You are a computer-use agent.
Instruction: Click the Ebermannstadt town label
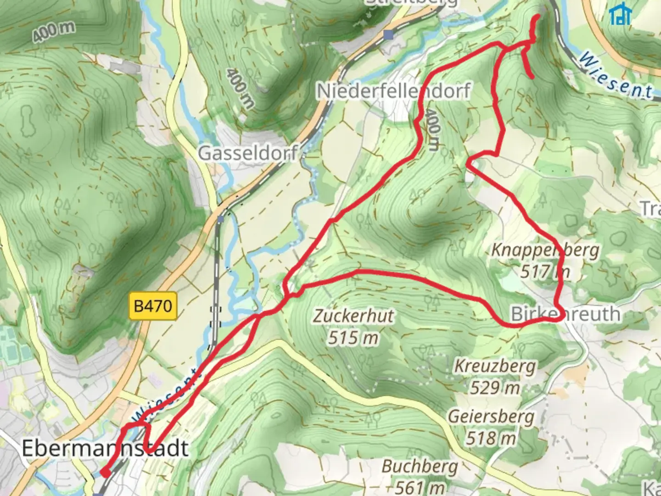[105, 448]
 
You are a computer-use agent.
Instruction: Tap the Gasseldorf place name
[248, 153]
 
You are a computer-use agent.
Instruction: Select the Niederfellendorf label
[393, 91]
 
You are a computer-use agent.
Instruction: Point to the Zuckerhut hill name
[353, 316]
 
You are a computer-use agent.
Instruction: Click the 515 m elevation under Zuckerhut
[353, 338]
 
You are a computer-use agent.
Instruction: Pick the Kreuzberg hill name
[495, 366]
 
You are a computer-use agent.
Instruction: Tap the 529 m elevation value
[494, 388]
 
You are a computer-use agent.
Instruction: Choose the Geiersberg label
[491, 417]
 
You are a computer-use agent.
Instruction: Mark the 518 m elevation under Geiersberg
[491, 438]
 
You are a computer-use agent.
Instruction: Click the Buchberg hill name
[420, 467]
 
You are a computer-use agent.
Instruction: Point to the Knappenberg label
[545, 250]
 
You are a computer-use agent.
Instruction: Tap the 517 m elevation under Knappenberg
[545, 271]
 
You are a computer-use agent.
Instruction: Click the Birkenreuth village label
[565, 314]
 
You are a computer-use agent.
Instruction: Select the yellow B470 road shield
[153, 306]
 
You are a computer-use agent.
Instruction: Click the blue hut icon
[620, 15]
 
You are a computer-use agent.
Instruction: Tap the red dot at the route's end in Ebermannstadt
[105, 473]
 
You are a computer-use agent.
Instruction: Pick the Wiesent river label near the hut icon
[615, 76]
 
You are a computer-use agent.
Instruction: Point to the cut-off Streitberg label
[412, 2]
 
